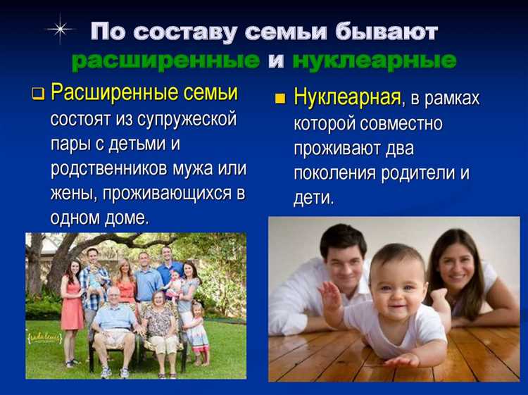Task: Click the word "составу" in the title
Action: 188,32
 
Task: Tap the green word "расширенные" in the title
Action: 165,61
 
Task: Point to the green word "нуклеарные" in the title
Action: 374,61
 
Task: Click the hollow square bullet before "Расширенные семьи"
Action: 39,94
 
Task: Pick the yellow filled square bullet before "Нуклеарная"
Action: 281,99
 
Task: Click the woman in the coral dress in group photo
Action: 72,303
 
